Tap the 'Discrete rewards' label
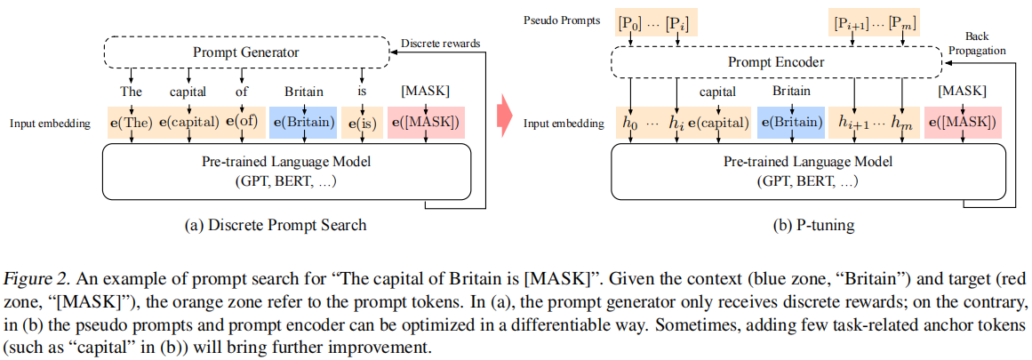[x=441, y=44]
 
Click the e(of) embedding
[x=242, y=122]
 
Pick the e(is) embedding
[x=360, y=123]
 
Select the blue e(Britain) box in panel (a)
[x=303, y=123]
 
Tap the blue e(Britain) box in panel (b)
[x=791, y=123]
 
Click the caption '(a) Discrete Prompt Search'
[x=276, y=225]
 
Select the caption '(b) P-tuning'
[x=813, y=225]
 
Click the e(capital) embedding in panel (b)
[x=719, y=123]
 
